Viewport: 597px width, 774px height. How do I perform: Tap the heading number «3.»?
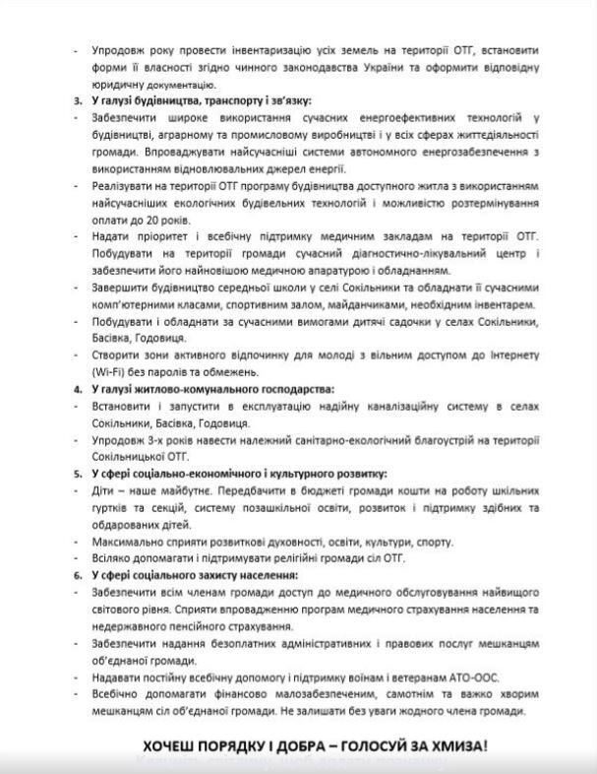78,100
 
